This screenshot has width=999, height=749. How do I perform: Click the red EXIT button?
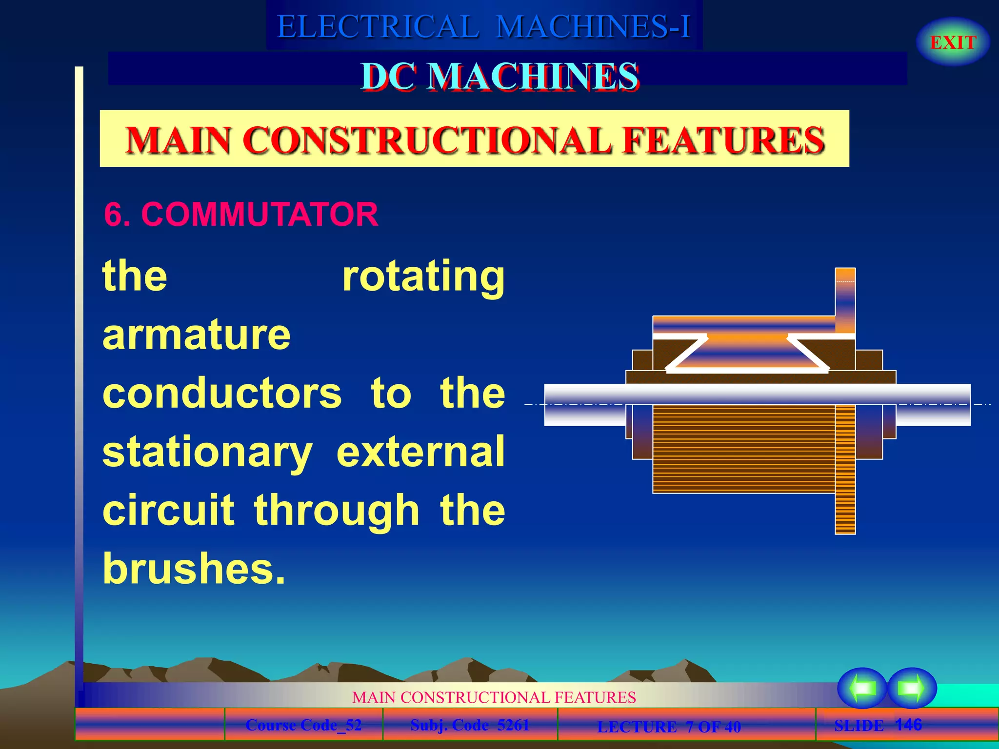coord(953,42)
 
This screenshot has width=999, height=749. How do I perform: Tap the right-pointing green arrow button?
coord(911,688)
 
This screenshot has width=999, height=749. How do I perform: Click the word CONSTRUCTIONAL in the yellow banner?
coord(427,140)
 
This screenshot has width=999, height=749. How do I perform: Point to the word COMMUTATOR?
coord(260,214)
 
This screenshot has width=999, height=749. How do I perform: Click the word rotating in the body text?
coord(423,277)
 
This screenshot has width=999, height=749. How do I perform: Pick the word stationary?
coord(207,453)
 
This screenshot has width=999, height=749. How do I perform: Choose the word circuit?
coord(168,510)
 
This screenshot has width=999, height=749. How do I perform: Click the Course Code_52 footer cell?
coord(303,725)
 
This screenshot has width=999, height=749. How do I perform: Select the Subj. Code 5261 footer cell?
coord(470,725)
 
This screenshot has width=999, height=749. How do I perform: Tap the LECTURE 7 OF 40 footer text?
coord(669,727)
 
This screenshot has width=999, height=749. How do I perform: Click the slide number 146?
coord(908,725)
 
